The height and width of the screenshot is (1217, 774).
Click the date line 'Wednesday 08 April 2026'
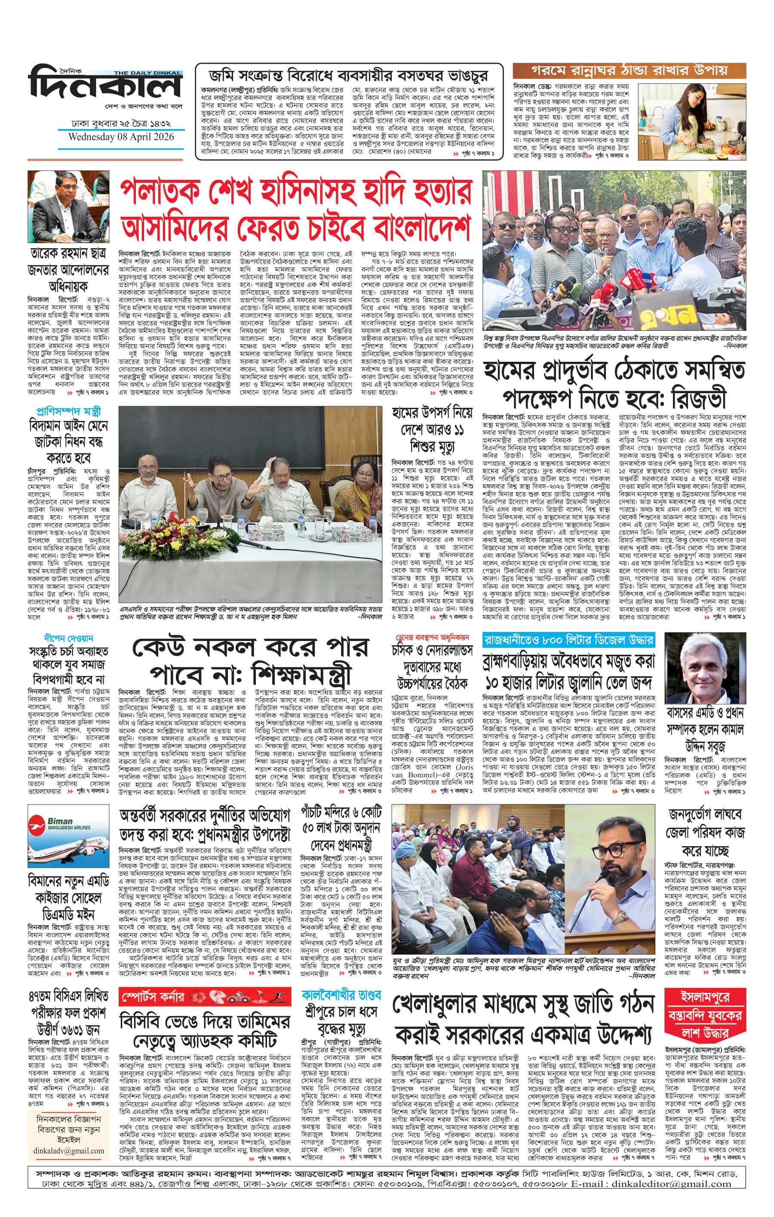point(121,137)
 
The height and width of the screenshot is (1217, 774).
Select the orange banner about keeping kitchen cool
point(629,70)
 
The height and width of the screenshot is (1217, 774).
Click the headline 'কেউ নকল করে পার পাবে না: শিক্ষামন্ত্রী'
point(251,662)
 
